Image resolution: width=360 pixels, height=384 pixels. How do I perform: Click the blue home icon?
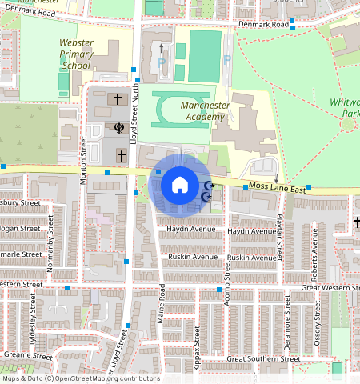[180, 186]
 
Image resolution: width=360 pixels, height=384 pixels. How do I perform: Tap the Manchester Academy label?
[205, 110]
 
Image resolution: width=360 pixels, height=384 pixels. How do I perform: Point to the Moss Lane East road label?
[277, 188]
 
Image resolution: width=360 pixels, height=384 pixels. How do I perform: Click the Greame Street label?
[27, 353]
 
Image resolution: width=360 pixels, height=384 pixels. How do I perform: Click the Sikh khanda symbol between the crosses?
[119, 128]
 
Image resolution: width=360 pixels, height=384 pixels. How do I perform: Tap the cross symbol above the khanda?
[118, 100]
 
